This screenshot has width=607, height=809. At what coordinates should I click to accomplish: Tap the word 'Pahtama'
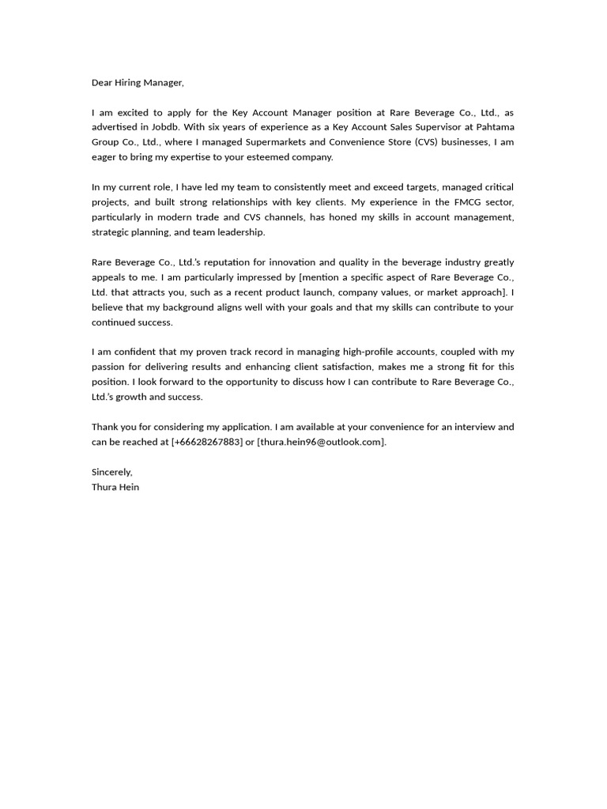495,127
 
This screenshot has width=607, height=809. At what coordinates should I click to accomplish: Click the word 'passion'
109,367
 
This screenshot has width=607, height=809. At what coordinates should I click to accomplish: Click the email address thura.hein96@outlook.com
322,442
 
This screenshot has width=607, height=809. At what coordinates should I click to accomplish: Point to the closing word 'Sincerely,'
112,472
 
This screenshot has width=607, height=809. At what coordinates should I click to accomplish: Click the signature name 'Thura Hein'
115,487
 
